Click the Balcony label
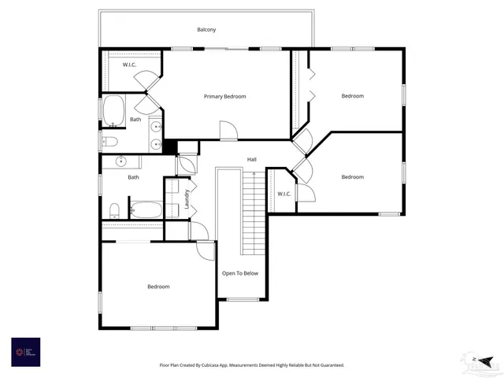[x=206, y=30]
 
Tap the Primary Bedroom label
[x=224, y=97]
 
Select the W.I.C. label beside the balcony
[x=131, y=65]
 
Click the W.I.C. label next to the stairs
[x=283, y=194]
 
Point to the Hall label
[x=252, y=160]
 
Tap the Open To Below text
[x=239, y=273]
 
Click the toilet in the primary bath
[x=110, y=142]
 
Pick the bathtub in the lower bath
[x=146, y=210]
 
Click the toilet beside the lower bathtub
[x=115, y=210]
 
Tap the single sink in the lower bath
[x=122, y=161]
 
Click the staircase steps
[x=253, y=213]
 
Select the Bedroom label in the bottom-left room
[x=158, y=287]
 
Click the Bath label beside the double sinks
[x=135, y=120]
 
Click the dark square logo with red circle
[x=25, y=352]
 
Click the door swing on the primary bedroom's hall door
[x=227, y=131]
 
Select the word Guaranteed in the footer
[x=328, y=365]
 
